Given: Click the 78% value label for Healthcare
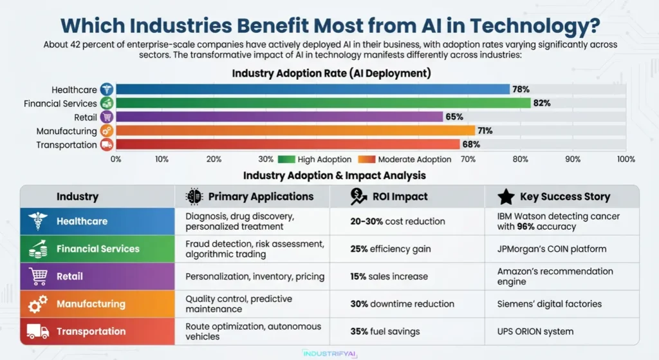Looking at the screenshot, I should click(x=520, y=90).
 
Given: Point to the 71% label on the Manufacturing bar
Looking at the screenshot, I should click(x=485, y=131).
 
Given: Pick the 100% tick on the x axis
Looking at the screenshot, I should click(x=626, y=159).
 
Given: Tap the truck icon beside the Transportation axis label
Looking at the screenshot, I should click(x=107, y=145).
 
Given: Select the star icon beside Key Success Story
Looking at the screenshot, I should click(x=506, y=196).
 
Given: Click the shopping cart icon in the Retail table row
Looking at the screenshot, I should click(x=38, y=276).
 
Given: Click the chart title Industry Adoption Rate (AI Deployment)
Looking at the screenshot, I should click(x=331, y=73).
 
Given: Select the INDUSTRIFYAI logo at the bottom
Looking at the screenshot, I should click(x=329, y=353).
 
